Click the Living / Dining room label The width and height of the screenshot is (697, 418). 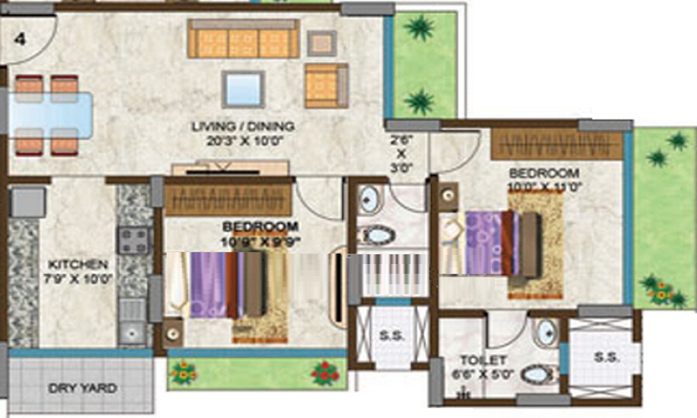(x=243, y=126)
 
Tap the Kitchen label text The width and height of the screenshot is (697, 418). (x=77, y=265)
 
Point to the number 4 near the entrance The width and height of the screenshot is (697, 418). (x=21, y=39)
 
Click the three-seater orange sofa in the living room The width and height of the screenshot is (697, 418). (x=243, y=39)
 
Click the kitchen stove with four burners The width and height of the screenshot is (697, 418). (x=133, y=241)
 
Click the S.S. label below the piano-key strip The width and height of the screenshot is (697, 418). (x=392, y=334)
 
